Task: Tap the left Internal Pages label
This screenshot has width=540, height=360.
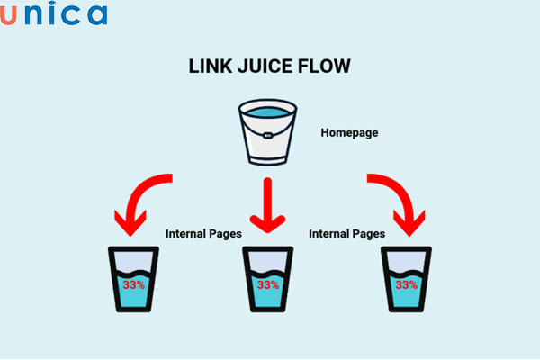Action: [203, 233]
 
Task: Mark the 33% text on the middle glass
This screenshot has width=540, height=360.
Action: [267, 284]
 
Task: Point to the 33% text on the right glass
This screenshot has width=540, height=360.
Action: [406, 284]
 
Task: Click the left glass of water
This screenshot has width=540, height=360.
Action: [133, 280]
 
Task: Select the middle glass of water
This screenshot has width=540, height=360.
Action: [267, 280]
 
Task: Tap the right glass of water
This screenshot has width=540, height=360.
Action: [406, 280]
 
